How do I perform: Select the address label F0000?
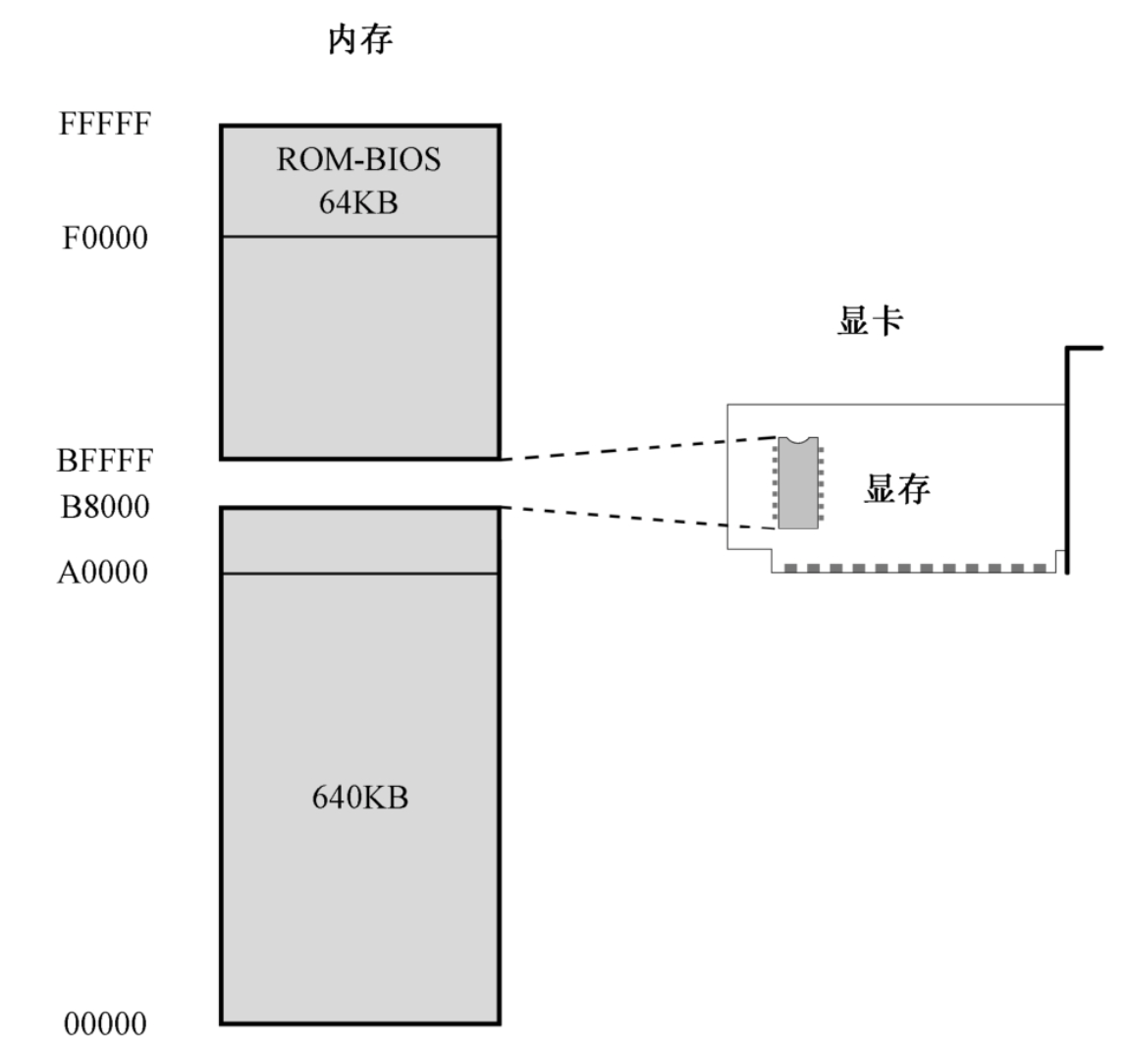pos(106,239)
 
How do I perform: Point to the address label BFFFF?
pos(106,461)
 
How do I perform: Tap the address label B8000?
pos(106,508)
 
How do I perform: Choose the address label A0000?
pos(103,573)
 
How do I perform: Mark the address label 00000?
pos(105,1024)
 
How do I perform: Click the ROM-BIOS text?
pos(359,160)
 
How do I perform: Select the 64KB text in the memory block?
pos(358,203)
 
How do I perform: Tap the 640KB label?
pos(360,798)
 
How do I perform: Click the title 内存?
pos(360,40)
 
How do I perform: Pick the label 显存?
pos(896,488)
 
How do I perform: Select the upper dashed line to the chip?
pos(638,447)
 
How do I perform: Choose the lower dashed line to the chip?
pos(638,518)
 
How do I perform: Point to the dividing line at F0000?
pos(359,237)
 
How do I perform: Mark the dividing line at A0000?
pos(359,574)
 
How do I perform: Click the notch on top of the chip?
pos(800,440)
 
